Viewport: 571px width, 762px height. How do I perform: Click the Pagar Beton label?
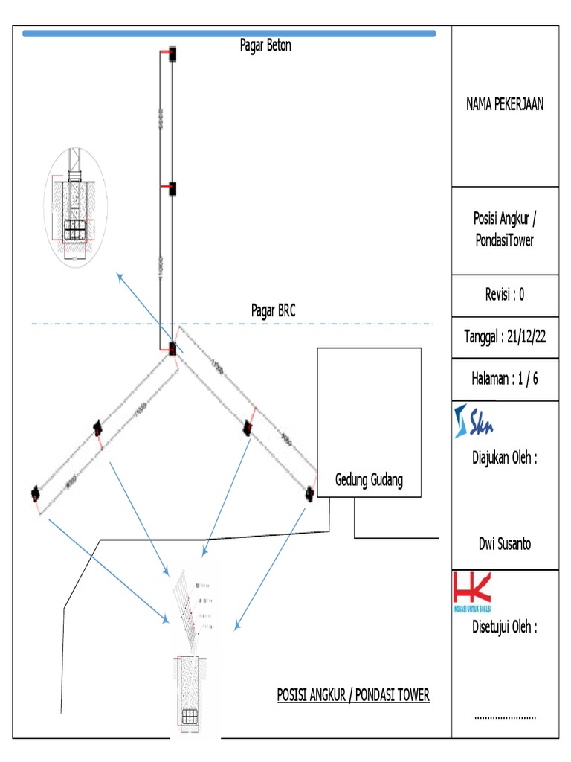pos(265,45)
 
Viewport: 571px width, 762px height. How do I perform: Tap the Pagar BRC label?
pos(273,311)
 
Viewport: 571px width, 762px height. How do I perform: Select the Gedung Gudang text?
pos(369,480)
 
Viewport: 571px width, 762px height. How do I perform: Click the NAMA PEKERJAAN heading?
pos(505,104)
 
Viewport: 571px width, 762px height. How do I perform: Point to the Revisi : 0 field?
pos(505,294)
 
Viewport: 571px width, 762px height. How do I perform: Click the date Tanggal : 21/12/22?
pos(505,336)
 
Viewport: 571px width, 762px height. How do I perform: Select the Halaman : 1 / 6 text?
pos(505,378)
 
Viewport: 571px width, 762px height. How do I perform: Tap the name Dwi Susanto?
pos(505,543)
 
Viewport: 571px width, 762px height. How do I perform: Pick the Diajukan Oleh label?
pos(505,458)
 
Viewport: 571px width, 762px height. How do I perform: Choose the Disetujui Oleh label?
pos(505,627)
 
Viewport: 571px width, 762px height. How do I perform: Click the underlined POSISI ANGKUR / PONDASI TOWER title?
pos(353,695)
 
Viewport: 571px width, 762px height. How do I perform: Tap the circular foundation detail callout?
pos(74,207)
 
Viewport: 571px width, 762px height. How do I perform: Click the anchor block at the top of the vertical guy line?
pos(172,54)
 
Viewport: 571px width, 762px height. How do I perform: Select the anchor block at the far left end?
pos(35,492)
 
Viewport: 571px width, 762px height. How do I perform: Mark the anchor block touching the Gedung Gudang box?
pos(309,492)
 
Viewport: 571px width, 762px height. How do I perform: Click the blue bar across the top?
pos(229,33)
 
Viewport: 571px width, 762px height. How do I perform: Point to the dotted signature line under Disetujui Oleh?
pos(505,717)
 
